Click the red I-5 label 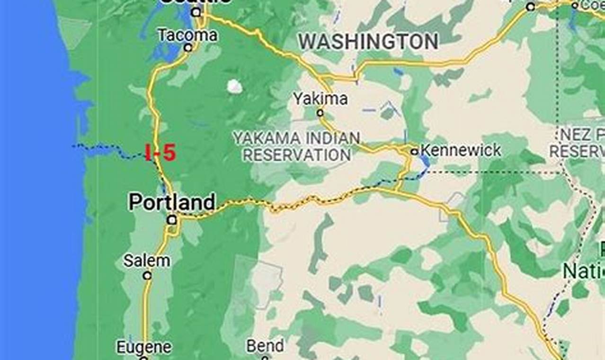(x=160, y=153)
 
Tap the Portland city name (x=172, y=202)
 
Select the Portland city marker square (x=172, y=220)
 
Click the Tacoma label (x=187, y=35)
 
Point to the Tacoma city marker (x=188, y=47)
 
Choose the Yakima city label (x=320, y=99)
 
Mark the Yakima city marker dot (x=320, y=113)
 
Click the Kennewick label (x=460, y=150)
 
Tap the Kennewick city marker (x=414, y=152)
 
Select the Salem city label (x=147, y=261)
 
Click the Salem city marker (x=147, y=275)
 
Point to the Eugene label (x=144, y=347)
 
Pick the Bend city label (x=265, y=346)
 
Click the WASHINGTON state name (x=368, y=42)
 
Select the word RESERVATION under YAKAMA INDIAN (x=297, y=154)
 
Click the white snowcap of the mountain (x=234, y=86)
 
